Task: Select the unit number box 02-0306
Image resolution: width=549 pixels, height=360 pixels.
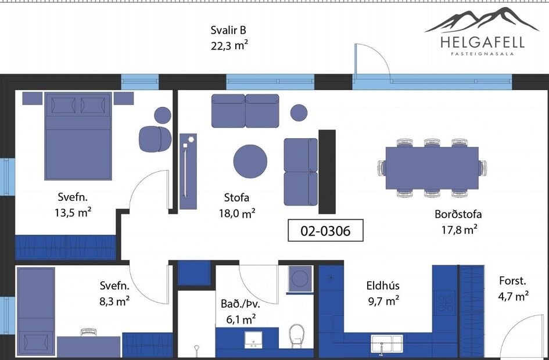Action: click(x=325, y=231)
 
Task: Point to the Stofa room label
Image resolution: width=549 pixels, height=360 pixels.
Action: click(x=236, y=197)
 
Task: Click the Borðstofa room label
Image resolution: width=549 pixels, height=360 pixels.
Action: click(x=458, y=214)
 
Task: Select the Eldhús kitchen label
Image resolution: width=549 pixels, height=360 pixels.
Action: click(x=383, y=286)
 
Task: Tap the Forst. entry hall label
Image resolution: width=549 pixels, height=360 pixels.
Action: click(x=512, y=281)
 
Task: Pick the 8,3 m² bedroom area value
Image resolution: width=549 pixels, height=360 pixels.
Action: click(x=114, y=301)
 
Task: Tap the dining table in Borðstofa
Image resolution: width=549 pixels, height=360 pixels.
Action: click(x=432, y=168)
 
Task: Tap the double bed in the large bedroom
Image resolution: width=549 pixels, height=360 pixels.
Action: click(x=78, y=136)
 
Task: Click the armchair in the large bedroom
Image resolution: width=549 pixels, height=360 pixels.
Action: click(x=155, y=139)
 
